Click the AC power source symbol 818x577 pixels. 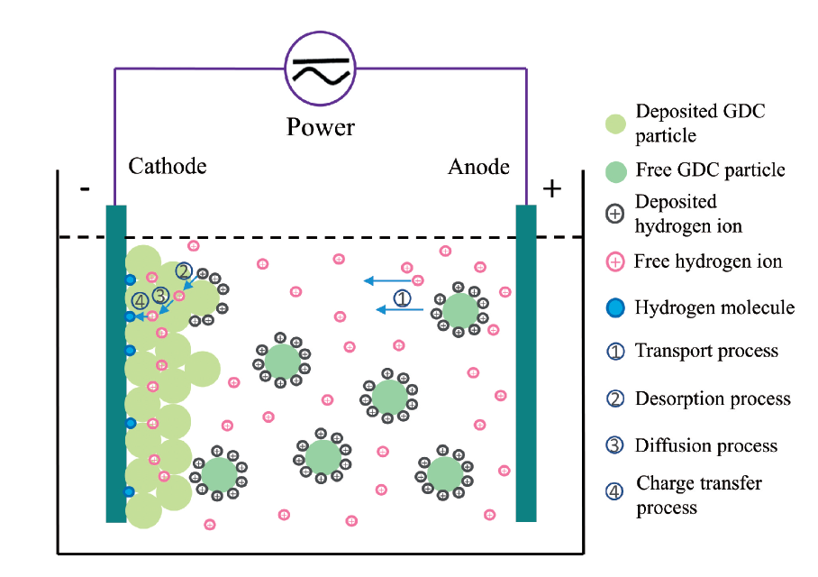pyautogui.click(x=321, y=69)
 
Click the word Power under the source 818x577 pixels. pyautogui.click(x=321, y=127)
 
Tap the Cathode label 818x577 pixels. pyautogui.click(x=168, y=167)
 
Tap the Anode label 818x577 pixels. pyautogui.click(x=478, y=167)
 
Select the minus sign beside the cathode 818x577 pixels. pyautogui.click(x=85, y=189)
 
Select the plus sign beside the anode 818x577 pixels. pyautogui.click(x=551, y=188)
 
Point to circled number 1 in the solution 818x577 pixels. pyautogui.click(x=403, y=297)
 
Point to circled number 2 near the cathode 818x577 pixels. pyautogui.click(x=184, y=270)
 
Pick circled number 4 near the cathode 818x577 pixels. pyautogui.click(x=140, y=301)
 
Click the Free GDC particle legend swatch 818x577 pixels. pyautogui.click(x=615, y=170)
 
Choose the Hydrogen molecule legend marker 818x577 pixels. pyautogui.click(x=615, y=308)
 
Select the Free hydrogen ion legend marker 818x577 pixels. pyautogui.click(x=615, y=262)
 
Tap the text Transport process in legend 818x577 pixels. pyautogui.click(x=706, y=351)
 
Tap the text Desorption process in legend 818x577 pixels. pyautogui.click(x=713, y=398)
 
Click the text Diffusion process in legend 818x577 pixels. pyautogui.click(x=705, y=445)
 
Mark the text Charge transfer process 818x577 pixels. pyautogui.click(x=698, y=495)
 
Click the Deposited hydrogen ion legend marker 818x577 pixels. pyautogui.click(x=615, y=215)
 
